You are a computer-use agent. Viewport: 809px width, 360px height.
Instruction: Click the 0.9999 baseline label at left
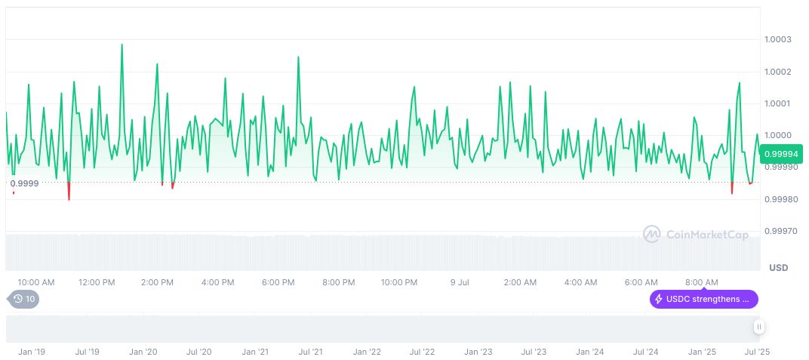24,183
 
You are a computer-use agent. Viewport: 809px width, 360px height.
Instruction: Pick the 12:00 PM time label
97,282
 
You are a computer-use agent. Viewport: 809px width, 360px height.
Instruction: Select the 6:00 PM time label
278,282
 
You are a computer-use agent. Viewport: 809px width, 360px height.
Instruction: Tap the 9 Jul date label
460,282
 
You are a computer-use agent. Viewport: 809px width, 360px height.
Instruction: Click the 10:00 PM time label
398,282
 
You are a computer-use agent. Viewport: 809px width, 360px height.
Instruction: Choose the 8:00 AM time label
702,282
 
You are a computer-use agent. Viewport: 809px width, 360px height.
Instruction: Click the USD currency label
778,268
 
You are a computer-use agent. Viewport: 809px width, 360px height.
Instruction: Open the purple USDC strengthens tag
704,299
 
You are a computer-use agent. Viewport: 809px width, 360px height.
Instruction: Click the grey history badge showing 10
25,299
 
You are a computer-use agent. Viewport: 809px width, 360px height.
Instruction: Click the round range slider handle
758,327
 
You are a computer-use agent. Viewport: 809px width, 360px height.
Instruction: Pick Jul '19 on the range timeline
88,352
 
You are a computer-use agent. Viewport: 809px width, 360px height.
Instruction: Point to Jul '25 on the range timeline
757,352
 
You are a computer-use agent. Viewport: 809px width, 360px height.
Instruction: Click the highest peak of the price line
122,45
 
